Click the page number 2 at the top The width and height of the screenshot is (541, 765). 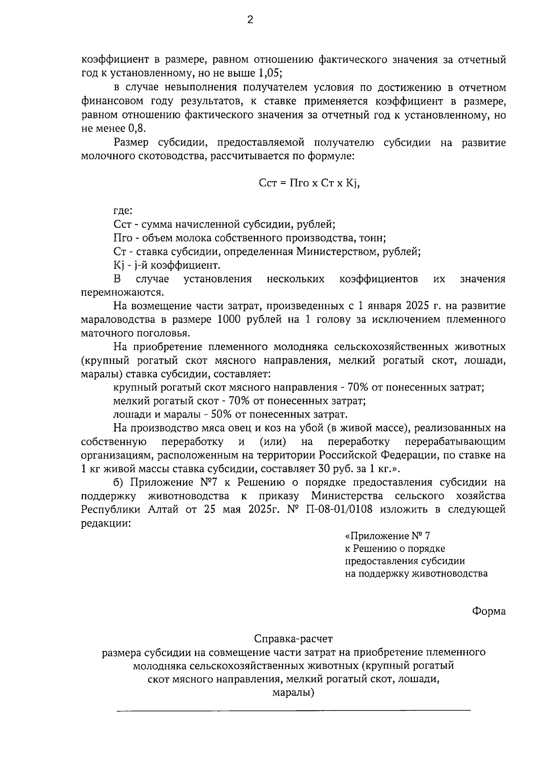(x=250, y=20)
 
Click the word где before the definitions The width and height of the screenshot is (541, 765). (x=123, y=211)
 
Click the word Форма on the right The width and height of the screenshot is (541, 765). (x=489, y=611)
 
